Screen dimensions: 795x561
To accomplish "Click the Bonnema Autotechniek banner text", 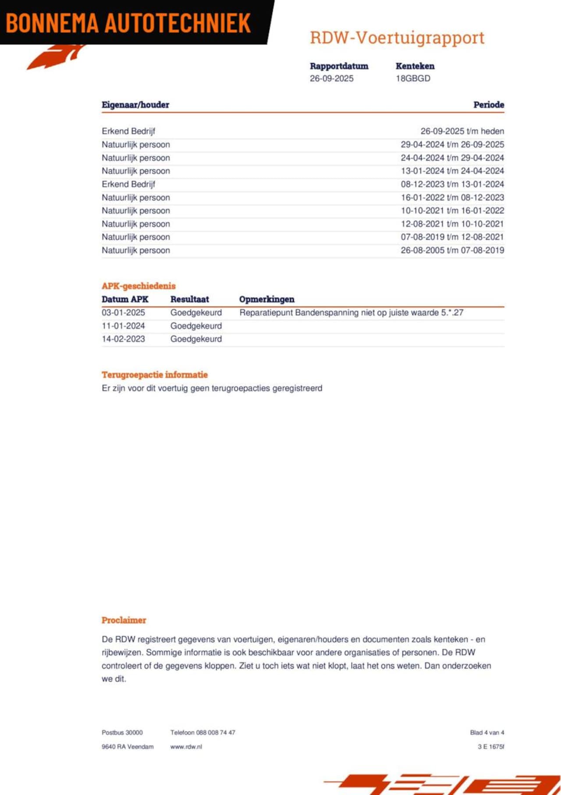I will click(128, 23).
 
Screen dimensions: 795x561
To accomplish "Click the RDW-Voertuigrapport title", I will click(397, 38).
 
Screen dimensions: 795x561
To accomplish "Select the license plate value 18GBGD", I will click(413, 79).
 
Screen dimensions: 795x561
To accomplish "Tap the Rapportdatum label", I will click(339, 66).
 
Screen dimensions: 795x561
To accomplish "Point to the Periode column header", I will click(488, 105).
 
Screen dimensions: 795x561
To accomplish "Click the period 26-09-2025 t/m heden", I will click(462, 131).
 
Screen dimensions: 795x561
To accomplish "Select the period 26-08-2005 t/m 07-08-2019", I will click(452, 250).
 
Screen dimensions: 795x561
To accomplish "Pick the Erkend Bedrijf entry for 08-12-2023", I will click(128, 184).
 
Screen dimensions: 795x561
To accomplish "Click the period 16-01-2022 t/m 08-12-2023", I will click(452, 197).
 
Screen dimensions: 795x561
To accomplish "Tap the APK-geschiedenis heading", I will click(138, 286).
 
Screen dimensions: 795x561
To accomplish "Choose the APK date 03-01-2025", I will click(123, 313).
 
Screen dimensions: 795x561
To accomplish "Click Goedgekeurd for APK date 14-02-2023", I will click(196, 339).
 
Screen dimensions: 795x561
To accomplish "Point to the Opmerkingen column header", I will click(266, 299).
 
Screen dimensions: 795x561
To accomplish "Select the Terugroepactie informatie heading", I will click(155, 375).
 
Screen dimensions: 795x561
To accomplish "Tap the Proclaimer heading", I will click(124, 620).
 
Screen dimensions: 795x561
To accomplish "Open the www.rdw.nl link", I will click(186, 746).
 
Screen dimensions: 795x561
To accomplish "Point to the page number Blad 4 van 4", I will click(487, 732).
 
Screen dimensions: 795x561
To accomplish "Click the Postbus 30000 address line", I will click(122, 732).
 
